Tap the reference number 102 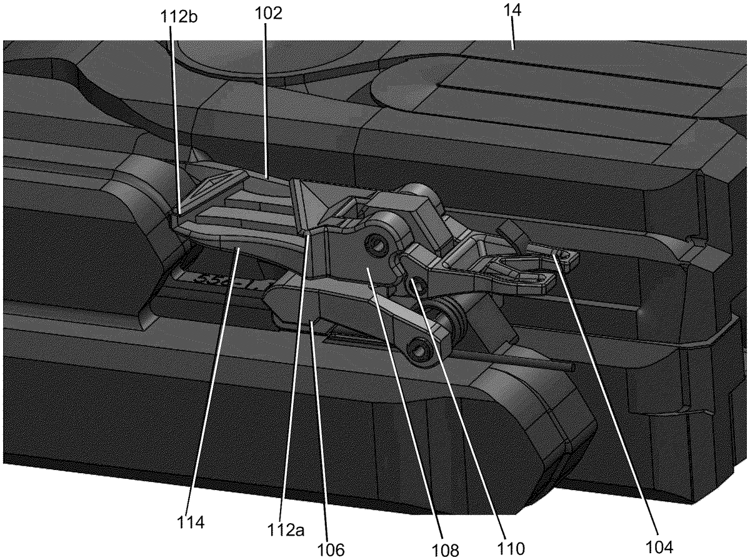tap(269, 14)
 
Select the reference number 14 tap(512, 11)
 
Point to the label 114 tap(191, 522)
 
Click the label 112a tap(286, 530)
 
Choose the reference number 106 tap(331, 550)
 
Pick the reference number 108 tap(445, 550)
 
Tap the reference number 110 tap(511, 548)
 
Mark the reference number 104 tap(659, 547)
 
